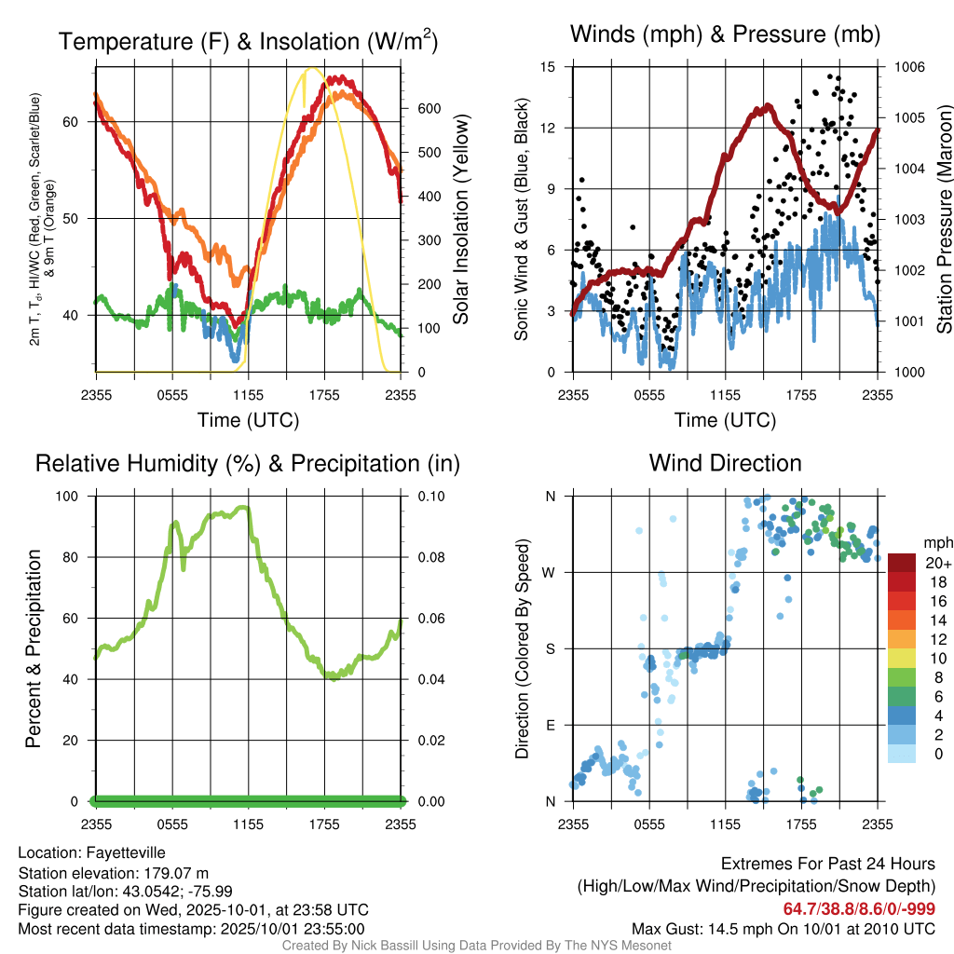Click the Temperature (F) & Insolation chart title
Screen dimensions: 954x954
coord(248,42)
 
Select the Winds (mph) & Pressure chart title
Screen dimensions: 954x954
coord(725,35)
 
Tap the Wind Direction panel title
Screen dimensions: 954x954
coord(725,463)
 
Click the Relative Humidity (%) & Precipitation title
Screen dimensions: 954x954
coord(248,463)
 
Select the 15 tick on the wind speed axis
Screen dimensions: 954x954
coord(548,67)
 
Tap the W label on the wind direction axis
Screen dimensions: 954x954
coord(551,572)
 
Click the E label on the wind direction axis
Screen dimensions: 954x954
coord(552,725)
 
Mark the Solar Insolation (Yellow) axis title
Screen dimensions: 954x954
coord(461,220)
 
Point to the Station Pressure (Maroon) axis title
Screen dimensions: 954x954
coord(943,220)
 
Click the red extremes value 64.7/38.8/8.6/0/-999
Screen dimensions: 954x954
coord(859,909)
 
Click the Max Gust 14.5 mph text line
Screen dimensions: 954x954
coord(784,928)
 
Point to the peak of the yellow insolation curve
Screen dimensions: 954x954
coord(313,68)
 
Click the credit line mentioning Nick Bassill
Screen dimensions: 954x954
coord(476,946)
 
